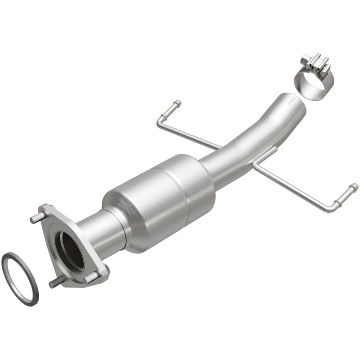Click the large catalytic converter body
pos(157,198)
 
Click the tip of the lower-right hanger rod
pos(354,187)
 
